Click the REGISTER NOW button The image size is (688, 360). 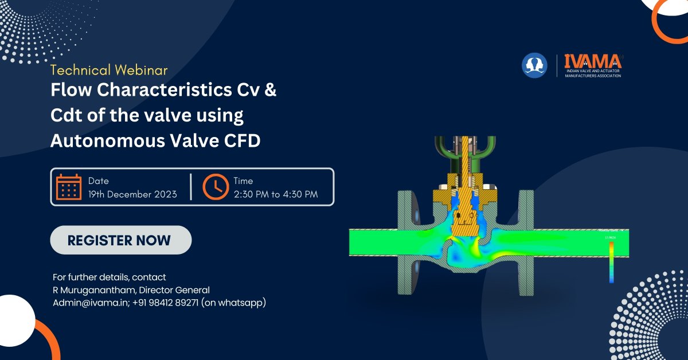120,240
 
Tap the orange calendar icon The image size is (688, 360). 69,187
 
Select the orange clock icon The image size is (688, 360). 215,187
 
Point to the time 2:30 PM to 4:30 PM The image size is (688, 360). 275,194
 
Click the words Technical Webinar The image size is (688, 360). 109,70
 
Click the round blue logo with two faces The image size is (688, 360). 534,65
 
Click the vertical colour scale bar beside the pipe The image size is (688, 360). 611,261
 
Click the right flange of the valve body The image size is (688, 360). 526,238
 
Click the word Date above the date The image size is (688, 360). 98,181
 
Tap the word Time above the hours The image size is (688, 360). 243,181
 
